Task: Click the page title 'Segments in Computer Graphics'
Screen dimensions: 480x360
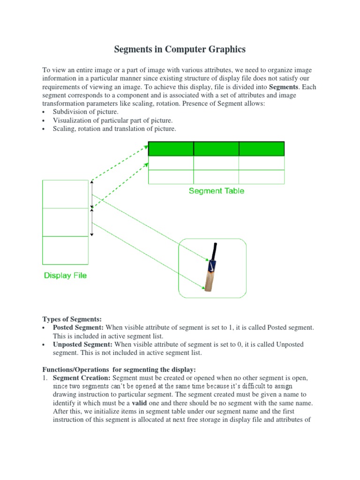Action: point(180,49)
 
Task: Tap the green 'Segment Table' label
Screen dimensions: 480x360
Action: point(216,191)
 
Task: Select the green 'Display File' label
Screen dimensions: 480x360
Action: point(65,275)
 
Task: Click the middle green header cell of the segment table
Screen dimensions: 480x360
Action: point(216,149)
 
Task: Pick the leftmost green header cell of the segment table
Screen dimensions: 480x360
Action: point(171,149)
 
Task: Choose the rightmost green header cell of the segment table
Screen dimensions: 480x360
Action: point(262,149)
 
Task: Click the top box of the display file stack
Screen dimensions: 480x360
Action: point(65,194)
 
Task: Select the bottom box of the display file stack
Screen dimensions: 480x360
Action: point(65,250)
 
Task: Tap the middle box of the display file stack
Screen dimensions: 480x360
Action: point(65,222)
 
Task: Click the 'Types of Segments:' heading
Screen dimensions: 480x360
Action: point(72,319)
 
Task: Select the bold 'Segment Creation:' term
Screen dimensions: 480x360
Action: point(82,378)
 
